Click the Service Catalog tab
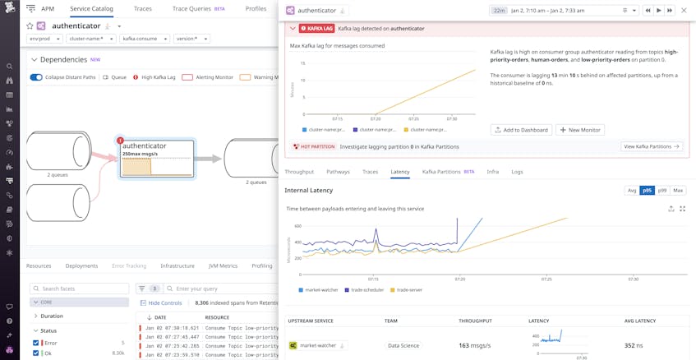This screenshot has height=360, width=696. point(91,9)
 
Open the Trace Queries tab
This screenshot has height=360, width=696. point(191,9)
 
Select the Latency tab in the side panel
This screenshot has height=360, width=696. point(400,172)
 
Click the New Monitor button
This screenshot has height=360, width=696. point(580,130)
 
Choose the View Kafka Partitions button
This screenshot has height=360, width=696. point(652,146)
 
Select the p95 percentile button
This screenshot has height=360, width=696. point(647,190)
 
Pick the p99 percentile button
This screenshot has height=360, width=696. point(662,190)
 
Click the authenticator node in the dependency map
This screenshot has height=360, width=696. point(157,158)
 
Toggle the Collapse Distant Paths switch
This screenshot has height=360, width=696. point(36,77)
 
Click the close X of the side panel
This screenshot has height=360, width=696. point(684,11)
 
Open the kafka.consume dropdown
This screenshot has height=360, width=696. point(145,39)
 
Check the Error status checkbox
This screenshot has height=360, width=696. point(36,343)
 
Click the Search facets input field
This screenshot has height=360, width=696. point(80,288)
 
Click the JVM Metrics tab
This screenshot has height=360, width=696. point(223,266)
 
